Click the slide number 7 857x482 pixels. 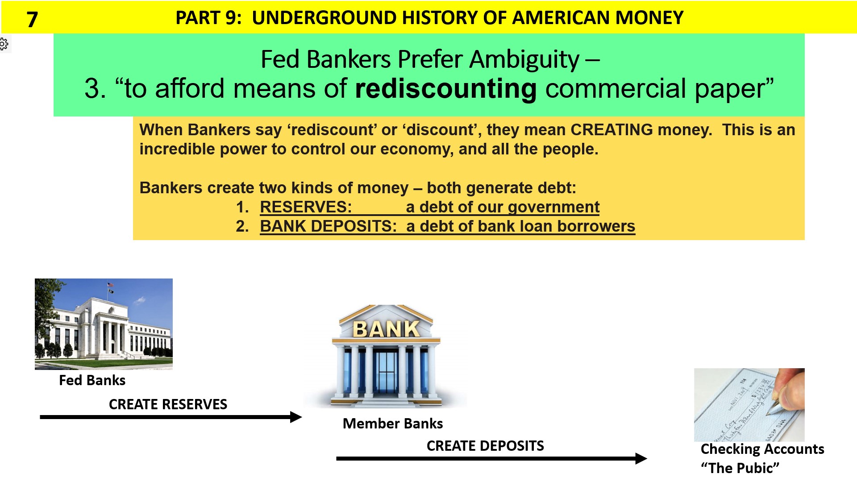pyautogui.click(x=32, y=19)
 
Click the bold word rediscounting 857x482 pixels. pyautogui.click(x=445, y=88)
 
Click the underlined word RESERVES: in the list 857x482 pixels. pyautogui.click(x=306, y=207)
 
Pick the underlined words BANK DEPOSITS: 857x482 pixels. pyautogui.click(x=328, y=226)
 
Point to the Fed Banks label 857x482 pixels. pyautogui.click(x=92, y=380)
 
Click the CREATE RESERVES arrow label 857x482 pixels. pyautogui.click(x=168, y=404)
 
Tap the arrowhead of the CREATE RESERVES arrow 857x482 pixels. pyautogui.click(x=296, y=417)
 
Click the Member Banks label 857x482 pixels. pyautogui.click(x=392, y=424)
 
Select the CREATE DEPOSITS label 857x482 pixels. pyautogui.click(x=485, y=446)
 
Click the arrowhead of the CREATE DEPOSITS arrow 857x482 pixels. pyautogui.click(x=641, y=458)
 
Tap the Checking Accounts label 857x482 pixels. pyautogui.click(x=762, y=449)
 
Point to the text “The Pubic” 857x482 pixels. pyautogui.click(x=740, y=468)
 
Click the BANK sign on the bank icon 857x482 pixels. pyautogui.click(x=386, y=329)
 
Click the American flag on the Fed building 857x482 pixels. pyautogui.click(x=110, y=284)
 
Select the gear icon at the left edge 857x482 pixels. pyautogui.click(x=4, y=44)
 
